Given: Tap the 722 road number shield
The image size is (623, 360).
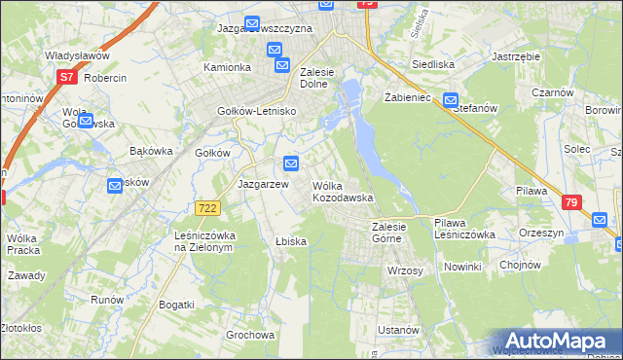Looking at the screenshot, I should click(x=206, y=208).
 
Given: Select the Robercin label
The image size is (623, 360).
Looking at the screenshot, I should click(x=106, y=77).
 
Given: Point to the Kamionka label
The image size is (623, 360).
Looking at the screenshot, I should click(x=227, y=67).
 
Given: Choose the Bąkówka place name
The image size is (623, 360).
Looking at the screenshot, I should click(x=151, y=151).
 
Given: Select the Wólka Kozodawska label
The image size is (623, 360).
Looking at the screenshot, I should click(x=342, y=191).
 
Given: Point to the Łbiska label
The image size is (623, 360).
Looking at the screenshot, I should click(x=291, y=241).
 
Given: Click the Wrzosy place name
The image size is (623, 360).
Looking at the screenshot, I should click(x=405, y=270).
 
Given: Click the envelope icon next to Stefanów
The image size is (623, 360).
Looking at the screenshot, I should click(x=451, y=99).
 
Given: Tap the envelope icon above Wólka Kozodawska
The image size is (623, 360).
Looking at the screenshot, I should click(x=290, y=162).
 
